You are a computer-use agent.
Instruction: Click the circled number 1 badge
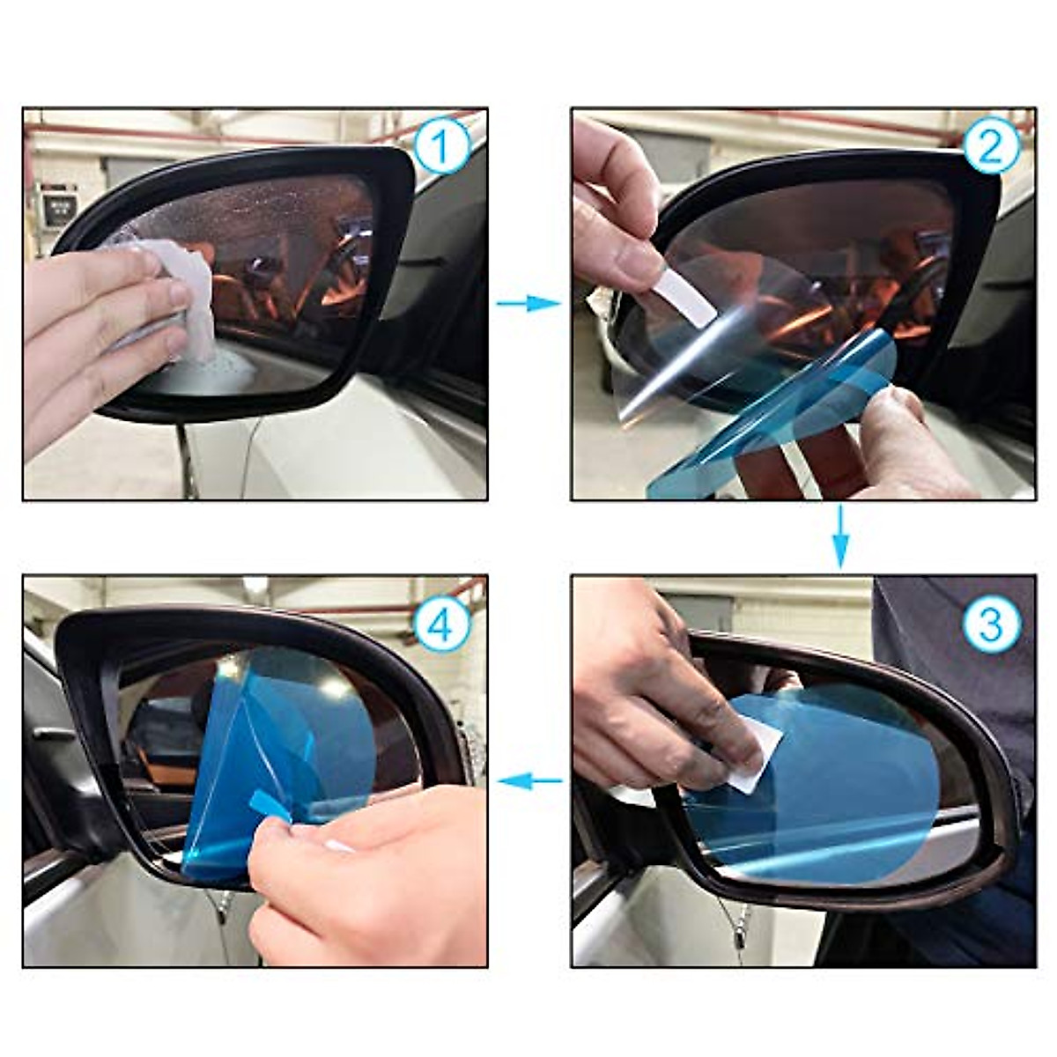441,147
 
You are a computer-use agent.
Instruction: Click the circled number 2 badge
991,147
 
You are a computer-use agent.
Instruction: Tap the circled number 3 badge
991,624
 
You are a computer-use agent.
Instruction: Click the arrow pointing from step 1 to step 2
528,303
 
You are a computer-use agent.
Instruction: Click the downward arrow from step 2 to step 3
841,537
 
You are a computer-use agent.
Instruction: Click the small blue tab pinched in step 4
269,804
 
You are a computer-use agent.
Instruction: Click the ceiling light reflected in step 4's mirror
231,667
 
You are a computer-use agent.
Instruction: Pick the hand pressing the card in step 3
652,687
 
